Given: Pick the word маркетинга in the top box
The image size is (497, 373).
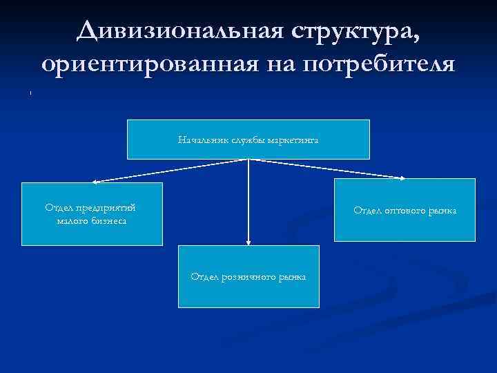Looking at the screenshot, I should (x=293, y=140).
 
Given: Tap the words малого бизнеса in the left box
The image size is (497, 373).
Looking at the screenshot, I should (x=92, y=221).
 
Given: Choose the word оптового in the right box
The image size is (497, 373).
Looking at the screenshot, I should (x=404, y=210).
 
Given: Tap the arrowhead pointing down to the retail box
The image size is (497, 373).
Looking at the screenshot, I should (x=248, y=242).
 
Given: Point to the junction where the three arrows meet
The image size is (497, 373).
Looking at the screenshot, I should (x=248, y=159).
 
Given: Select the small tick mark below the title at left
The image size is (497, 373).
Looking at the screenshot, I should (x=30, y=92).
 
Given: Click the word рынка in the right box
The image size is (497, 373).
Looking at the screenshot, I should (x=442, y=210).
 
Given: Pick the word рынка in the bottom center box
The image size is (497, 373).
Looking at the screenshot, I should (x=293, y=277).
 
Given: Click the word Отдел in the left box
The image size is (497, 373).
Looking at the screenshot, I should (x=59, y=207).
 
